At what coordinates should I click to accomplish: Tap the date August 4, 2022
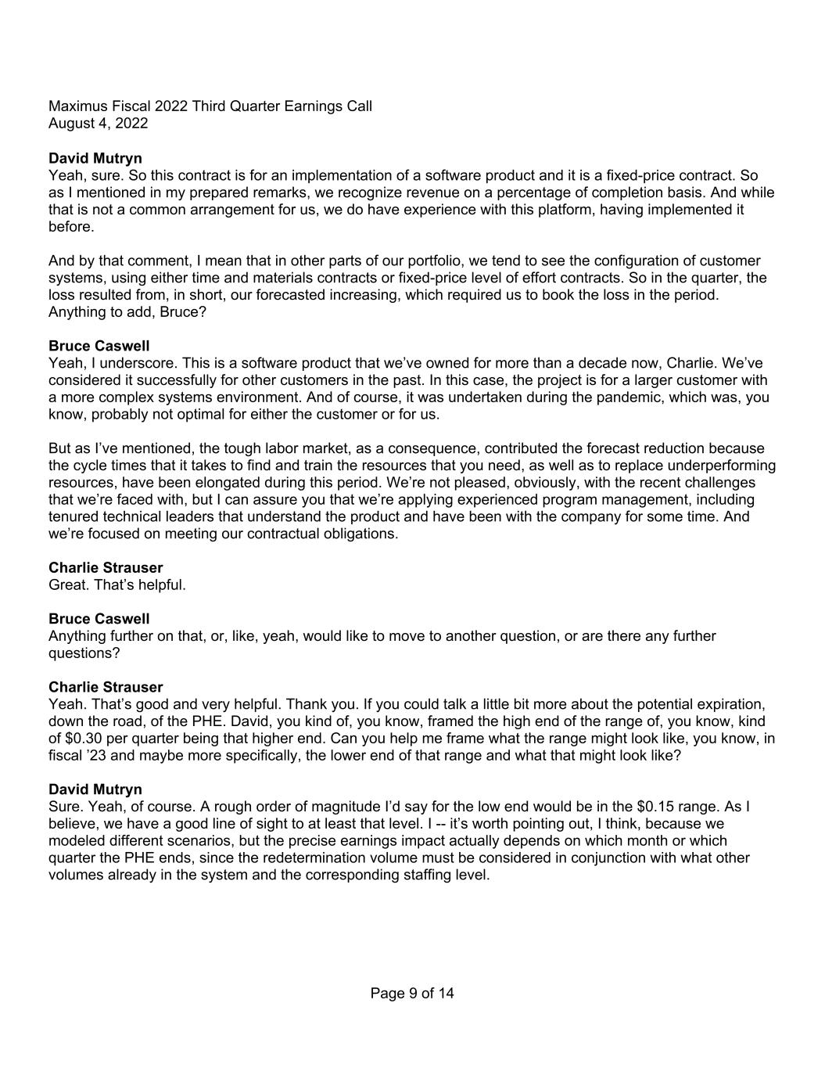98,124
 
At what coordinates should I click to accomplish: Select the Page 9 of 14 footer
412,994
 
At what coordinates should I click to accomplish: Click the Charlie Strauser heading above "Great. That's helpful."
106,568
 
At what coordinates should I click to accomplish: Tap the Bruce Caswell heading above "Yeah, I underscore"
99,346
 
